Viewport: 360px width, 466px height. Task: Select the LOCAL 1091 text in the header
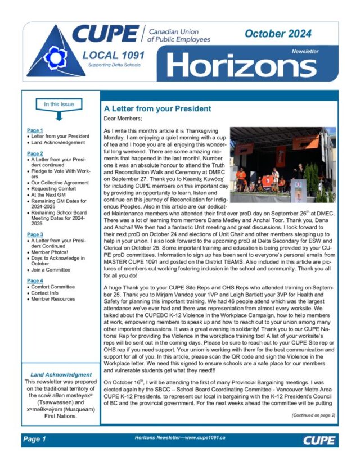(113, 56)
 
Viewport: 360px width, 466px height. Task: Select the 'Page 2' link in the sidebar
(35, 153)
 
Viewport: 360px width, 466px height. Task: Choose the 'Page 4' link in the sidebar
(35, 280)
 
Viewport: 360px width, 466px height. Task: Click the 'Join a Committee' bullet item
(51, 270)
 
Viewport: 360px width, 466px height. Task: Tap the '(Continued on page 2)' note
(313, 415)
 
